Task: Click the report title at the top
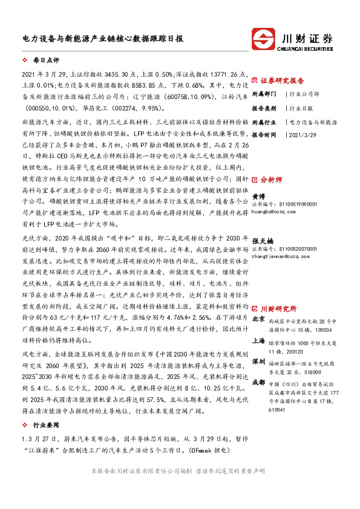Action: click(99, 37)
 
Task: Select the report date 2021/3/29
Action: click(303, 135)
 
